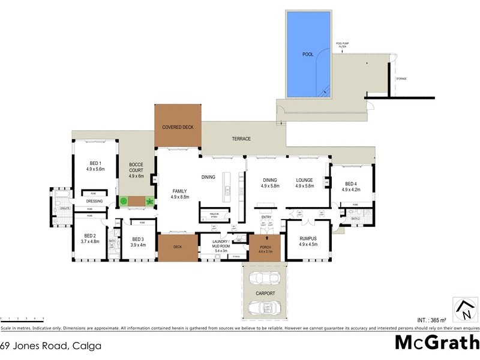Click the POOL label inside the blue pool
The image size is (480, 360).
pyautogui.click(x=308, y=54)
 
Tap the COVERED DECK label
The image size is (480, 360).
pyautogui.click(x=178, y=127)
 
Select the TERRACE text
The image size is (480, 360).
pyautogui.click(x=241, y=139)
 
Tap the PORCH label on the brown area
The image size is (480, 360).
pyautogui.click(x=265, y=248)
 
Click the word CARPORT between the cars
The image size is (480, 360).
pyautogui.click(x=265, y=293)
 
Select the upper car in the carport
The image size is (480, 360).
pyautogui.click(x=265, y=278)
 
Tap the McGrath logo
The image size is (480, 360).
pyautogui.click(x=437, y=342)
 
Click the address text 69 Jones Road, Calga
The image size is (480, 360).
pyautogui.click(x=50, y=346)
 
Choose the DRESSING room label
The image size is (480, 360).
pyautogui.click(x=95, y=201)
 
